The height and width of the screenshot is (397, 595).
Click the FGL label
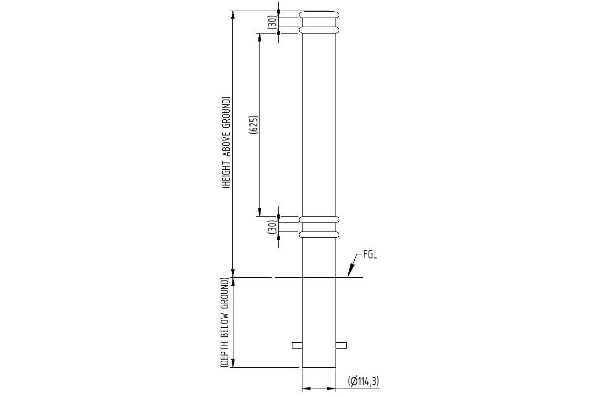(370, 255)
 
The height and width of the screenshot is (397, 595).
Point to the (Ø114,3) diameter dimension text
(364, 381)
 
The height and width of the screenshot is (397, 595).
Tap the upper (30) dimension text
(272, 22)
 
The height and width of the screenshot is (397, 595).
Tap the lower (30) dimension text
(272, 227)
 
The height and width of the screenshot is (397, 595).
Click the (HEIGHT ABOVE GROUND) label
(227, 143)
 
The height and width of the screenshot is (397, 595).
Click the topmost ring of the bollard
(319, 15)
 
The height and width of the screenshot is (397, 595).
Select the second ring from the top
(319, 30)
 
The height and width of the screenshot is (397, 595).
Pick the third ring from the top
(319, 220)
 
